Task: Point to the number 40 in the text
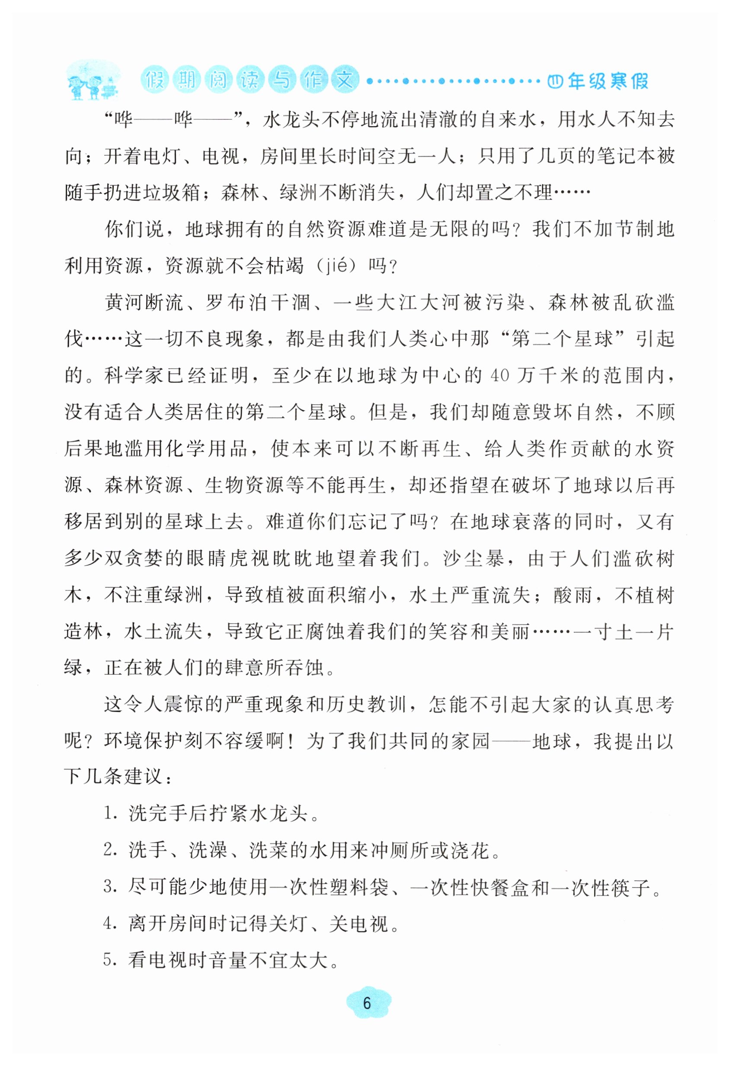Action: tap(499, 375)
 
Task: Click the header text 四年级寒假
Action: tap(598, 81)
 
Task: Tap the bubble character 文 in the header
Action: tap(344, 80)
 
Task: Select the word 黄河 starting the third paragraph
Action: tap(125, 302)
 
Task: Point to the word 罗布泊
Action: tap(234, 302)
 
